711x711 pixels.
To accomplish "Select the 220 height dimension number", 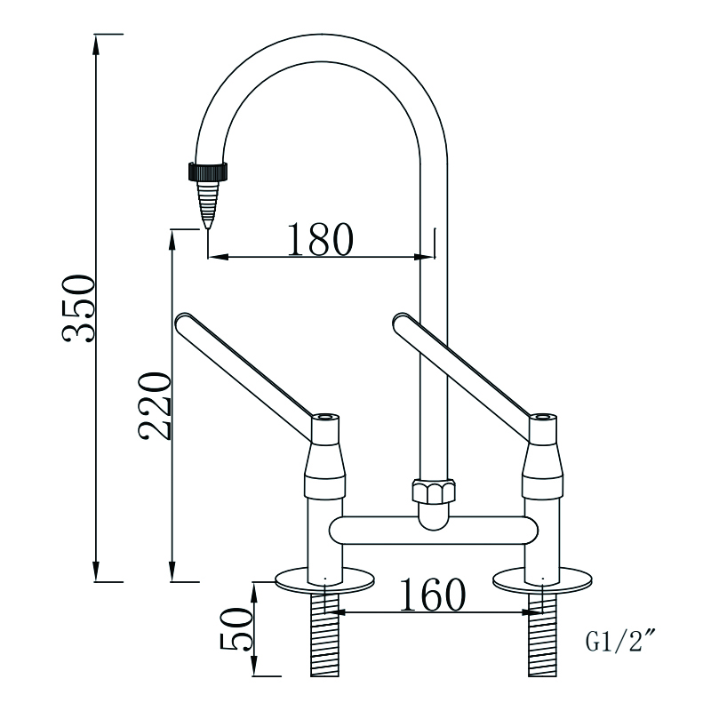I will point(153,406).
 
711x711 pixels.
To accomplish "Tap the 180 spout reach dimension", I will point(320,238).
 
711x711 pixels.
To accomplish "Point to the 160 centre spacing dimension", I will point(432,595).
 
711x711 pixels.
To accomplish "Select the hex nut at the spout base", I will point(432,491).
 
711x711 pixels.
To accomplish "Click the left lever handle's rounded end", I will point(184,321).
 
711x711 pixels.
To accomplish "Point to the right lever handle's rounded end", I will point(400,321).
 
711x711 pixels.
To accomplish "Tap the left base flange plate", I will point(325,579).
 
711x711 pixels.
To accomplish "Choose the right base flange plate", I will point(542,579).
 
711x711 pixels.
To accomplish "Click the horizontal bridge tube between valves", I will point(433,531).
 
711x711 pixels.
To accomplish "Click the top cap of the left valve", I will point(326,418).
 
